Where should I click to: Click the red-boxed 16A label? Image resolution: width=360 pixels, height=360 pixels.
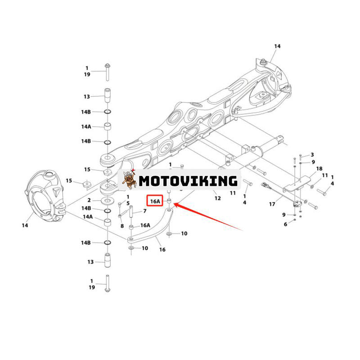tap(155, 202)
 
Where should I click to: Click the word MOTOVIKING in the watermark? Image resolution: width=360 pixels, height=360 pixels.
tap(188, 181)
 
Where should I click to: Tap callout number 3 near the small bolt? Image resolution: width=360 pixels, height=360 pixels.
tap(312, 154)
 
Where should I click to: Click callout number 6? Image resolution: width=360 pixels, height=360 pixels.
tap(285, 224)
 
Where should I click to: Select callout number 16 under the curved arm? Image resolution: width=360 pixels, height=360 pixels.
tap(162, 249)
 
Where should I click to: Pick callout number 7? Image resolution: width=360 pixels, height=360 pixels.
tap(145, 211)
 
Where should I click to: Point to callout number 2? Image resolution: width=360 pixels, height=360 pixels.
tap(89, 200)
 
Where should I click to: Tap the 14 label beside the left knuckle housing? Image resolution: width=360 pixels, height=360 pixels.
tap(25, 225)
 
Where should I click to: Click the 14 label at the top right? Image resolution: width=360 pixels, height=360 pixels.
tap(277, 46)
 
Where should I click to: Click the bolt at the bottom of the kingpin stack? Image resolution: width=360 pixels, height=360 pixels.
tap(108, 283)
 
